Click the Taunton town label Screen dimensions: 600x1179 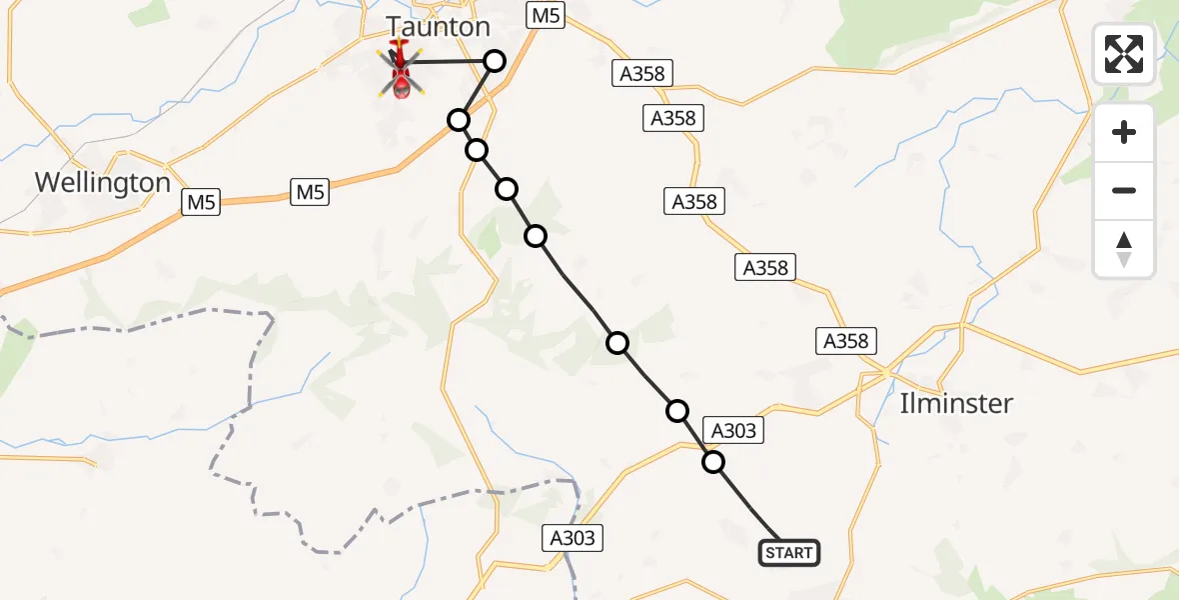438,27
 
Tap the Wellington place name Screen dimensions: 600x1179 103,183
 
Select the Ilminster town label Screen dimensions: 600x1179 955,404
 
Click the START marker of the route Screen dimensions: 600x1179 789,553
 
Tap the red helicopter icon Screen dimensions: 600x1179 401,73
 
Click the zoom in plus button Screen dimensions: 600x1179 1124,132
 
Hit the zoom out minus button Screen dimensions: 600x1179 1124,190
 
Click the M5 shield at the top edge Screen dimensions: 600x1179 546,14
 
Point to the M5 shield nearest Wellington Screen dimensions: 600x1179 201,203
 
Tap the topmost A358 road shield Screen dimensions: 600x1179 640,73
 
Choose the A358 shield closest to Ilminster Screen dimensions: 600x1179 846,341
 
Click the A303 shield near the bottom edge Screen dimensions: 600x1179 573,538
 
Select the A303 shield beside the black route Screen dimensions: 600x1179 734,431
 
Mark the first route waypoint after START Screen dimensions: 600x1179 713,462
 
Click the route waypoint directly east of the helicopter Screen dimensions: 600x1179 494,61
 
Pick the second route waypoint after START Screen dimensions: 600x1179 677,410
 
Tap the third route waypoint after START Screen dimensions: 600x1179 618,343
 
